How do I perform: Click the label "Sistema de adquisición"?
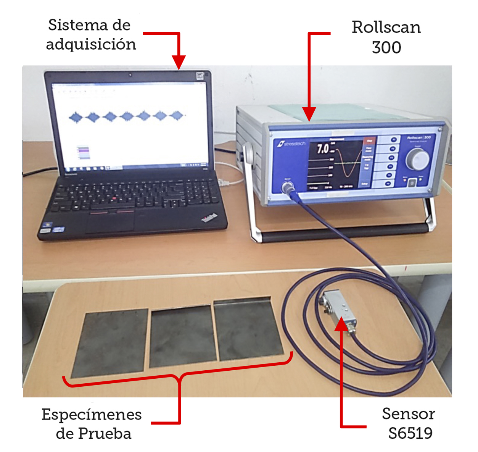91,35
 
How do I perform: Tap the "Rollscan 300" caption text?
386,37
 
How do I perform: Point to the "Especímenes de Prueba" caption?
92,424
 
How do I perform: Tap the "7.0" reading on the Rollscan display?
323,149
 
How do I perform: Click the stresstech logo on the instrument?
291,144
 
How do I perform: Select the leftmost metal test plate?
110,342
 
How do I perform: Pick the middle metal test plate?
182,336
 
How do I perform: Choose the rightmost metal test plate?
248,329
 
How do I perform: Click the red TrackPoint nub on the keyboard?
113,199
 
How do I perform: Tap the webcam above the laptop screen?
130,75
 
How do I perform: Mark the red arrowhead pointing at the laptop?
178,62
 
